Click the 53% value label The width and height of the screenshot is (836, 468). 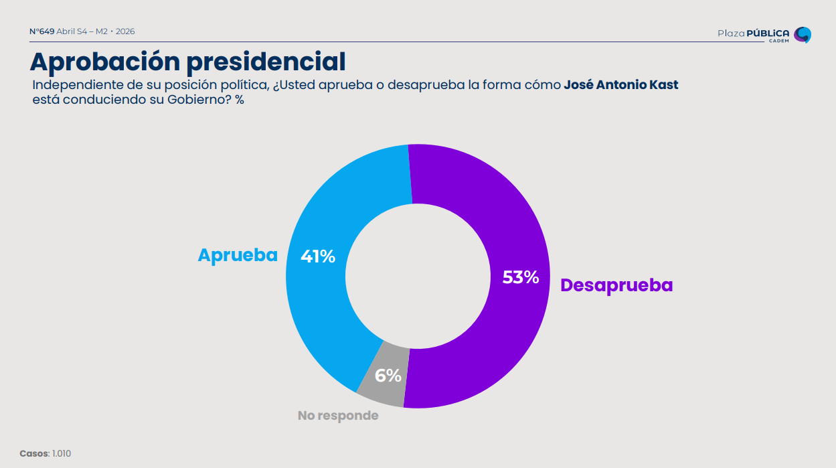click(521, 277)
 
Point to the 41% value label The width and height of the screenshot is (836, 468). click(317, 256)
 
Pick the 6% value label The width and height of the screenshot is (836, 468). click(388, 376)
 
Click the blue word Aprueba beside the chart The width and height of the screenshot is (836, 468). click(238, 255)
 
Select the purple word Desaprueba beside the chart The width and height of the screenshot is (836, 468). click(616, 285)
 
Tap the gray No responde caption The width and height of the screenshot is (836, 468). click(338, 416)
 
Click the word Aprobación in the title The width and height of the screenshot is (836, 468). click(105, 62)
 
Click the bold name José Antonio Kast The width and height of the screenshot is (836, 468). click(621, 86)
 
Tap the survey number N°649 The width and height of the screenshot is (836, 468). click(42, 31)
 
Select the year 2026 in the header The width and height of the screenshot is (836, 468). click(125, 31)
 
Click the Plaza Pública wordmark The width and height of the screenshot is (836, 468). click(753, 33)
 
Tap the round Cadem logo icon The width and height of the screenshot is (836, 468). click(803, 34)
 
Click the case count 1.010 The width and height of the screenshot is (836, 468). click(62, 454)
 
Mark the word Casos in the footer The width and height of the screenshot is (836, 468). click(34, 454)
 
